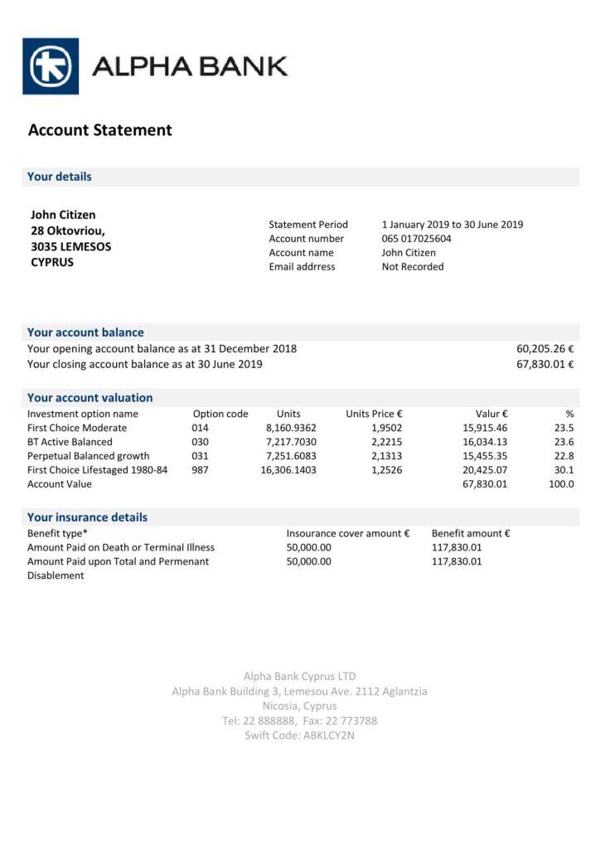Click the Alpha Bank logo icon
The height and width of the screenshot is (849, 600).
tap(51, 66)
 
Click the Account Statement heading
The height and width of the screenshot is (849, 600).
tap(100, 130)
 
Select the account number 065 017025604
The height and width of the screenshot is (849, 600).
tap(417, 239)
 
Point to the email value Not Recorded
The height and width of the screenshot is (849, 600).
tap(413, 267)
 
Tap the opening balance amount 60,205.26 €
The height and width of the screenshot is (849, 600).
tap(545, 349)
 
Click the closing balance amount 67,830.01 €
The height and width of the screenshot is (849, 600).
tap(545, 364)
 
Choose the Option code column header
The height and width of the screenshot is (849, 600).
tap(220, 414)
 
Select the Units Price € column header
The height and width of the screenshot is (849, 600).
tap(374, 414)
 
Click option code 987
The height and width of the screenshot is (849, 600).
tap(200, 470)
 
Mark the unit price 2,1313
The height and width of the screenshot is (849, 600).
tap(387, 456)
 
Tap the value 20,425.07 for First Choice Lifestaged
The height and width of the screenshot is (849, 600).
tap(484, 470)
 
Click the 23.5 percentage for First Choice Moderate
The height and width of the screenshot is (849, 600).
tap(565, 428)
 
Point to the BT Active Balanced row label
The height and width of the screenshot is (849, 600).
tap(70, 442)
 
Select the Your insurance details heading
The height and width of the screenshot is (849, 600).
tap(87, 517)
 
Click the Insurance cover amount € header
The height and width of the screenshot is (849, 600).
tap(348, 533)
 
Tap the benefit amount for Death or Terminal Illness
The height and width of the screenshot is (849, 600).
tap(457, 547)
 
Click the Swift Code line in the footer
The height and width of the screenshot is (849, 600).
tap(299, 735)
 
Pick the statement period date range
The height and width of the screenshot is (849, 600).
tap(452, 225)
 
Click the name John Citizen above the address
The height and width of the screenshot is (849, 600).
tap(63, 216)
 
